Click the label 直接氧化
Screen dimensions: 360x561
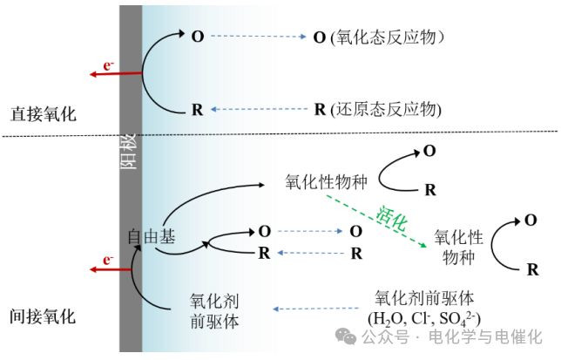44,114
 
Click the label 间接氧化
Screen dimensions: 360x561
44,316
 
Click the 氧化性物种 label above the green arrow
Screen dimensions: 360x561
327,183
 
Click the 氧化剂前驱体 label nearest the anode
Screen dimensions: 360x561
215,311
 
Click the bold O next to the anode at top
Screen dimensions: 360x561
197,37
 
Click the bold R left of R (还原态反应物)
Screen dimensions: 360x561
197,110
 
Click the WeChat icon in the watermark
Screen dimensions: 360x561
348,336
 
